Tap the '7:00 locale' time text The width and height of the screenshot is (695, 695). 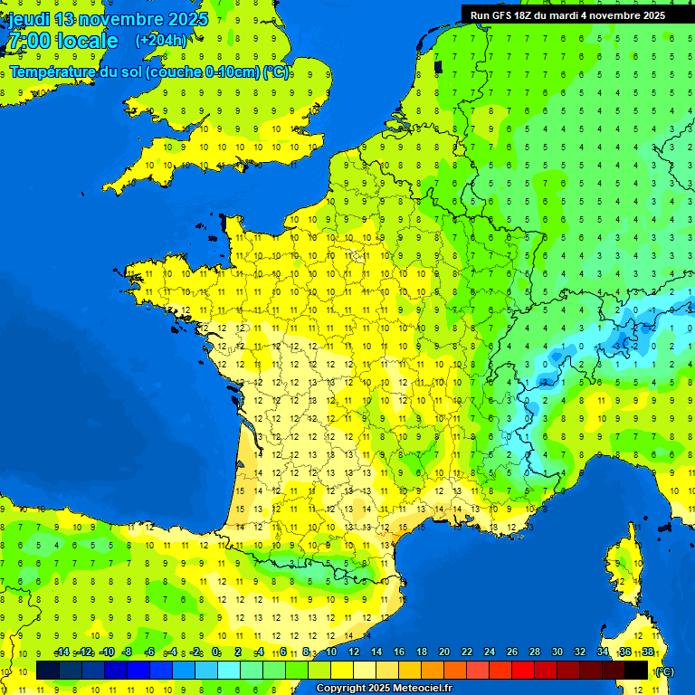[x=62, y=41]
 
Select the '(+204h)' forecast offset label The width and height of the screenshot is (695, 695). [x=161, y=40]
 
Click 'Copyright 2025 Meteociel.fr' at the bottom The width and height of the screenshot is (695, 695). [x=384, y=689]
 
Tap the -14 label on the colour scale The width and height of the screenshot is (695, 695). [x=62, y=652]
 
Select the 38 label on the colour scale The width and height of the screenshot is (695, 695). [x=648, y=652]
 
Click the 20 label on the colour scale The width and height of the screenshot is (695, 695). [x=444, y=652]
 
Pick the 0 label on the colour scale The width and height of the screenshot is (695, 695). [x=215, y=652]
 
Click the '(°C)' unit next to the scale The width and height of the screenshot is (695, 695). [x=664, y=671]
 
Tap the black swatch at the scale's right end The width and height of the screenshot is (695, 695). [x=636, y=670]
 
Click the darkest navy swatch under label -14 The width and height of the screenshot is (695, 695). [x=48, y=670]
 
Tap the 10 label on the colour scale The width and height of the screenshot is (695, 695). [x=331, y=652]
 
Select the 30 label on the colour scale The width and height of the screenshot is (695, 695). [x=557, y=652]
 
